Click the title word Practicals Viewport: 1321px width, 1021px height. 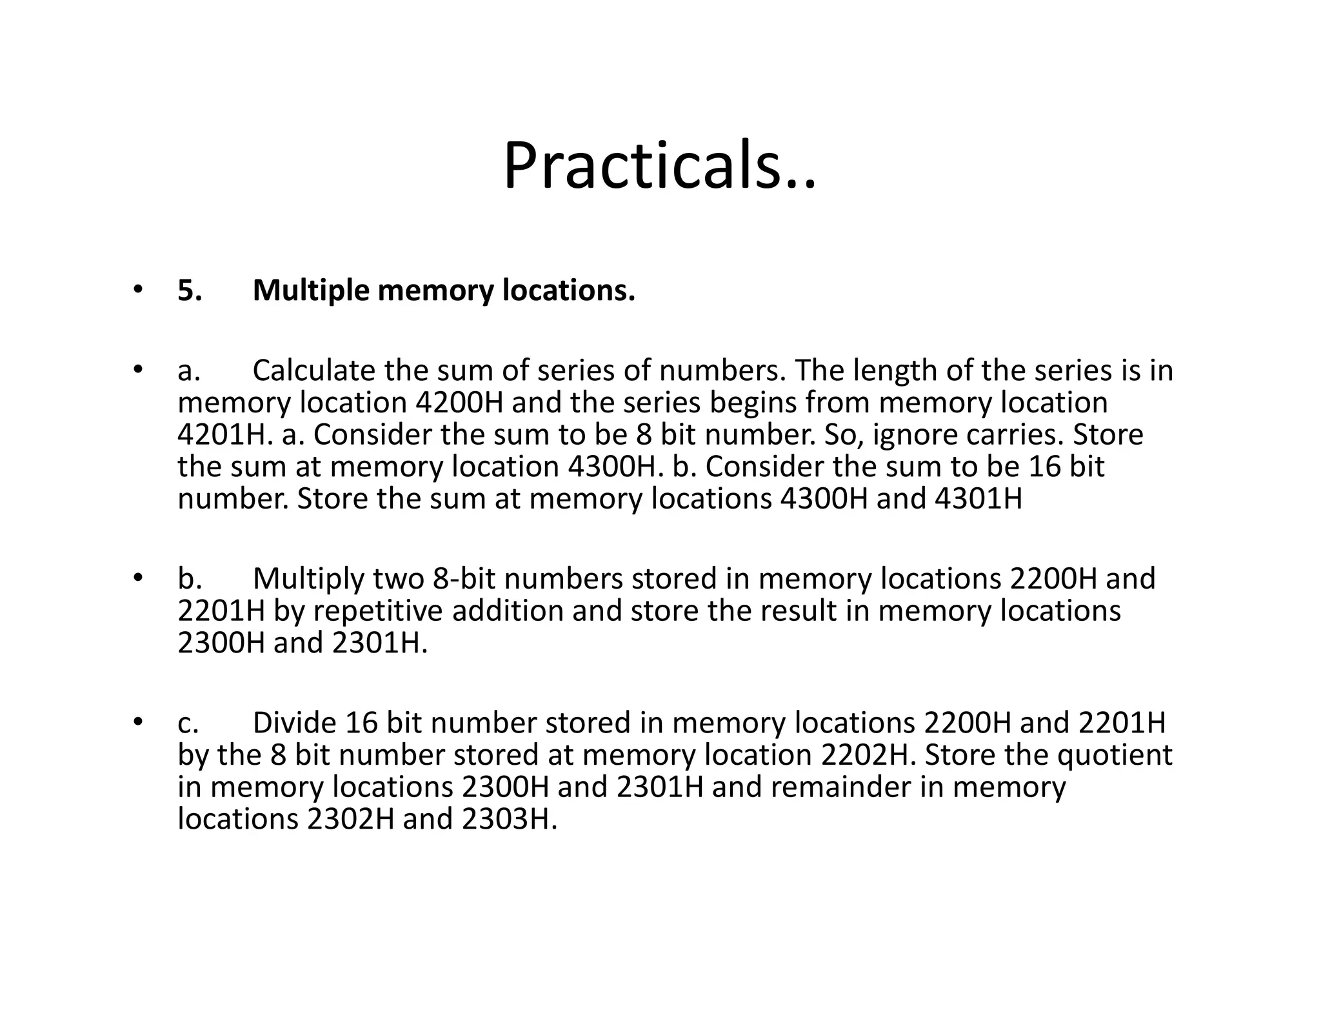click(659, 166)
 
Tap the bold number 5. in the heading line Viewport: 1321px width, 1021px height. click(190, 291)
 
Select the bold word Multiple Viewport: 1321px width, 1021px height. click(311, 291)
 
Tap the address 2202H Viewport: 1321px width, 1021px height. click(868, 755)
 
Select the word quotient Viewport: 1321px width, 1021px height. click(1115, 755)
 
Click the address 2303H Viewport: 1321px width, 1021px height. click(509, 819)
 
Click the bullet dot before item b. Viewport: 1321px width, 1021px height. click(137, 578)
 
